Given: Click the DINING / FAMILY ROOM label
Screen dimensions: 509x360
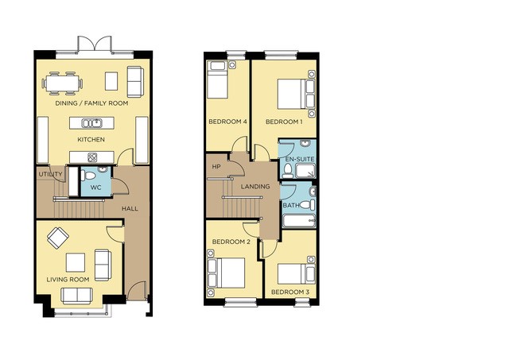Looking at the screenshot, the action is (x=91, y=103).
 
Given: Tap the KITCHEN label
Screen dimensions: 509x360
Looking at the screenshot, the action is (x=91, y=140).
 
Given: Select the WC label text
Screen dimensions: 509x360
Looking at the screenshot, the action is (x=95, y=188).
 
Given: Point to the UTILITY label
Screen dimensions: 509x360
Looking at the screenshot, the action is (x=50, y=174).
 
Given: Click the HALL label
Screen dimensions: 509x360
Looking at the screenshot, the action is (x=130, y=209).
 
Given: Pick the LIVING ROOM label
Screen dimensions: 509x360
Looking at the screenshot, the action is (x=68, y=280).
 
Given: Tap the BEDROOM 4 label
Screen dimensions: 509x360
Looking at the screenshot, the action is (x=228, y=122).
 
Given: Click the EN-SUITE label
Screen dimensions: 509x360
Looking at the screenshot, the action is (x=300, y=159).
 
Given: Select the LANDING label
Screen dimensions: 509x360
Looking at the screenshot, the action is (x=255, y=187).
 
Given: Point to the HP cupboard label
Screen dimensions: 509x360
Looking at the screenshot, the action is (x=216, y=167).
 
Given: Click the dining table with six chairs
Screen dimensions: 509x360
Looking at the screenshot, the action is (x=62, y=83).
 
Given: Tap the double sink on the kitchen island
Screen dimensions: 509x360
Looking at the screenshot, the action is (x=92, y=123).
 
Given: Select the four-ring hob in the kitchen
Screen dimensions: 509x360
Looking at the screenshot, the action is (x=92, y=157).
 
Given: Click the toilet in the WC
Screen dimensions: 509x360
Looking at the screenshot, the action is (x=88, y=176).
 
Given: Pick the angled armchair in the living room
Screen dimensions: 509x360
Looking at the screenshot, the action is (x=58, y=238).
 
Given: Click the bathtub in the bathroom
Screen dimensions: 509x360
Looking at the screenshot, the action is (x=299, y=221).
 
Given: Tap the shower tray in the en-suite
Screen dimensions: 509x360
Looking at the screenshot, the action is (x=305, y=171).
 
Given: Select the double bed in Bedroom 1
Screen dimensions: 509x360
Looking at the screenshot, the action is (x=296, y=94).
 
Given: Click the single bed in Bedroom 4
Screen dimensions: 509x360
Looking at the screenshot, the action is (x=217, y=79).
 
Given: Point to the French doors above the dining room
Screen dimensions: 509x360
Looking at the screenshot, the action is (x=95, y=44).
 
